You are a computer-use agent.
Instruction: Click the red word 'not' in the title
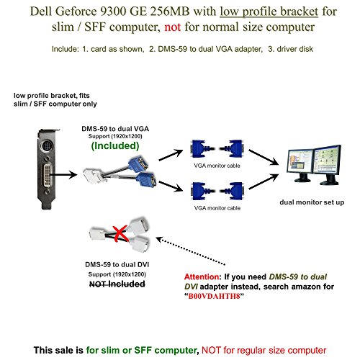click(x=172, y=27)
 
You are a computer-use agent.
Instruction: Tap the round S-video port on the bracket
click(x=47, y=146)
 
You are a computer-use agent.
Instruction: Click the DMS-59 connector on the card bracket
click(x=48, y=176)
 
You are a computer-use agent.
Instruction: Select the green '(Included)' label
click(x=115, y=145)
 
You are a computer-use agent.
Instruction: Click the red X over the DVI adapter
click(x=120, y=233)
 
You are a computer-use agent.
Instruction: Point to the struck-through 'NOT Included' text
click(x=117, y=284)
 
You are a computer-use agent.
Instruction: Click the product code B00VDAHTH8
click(x=214, y=296)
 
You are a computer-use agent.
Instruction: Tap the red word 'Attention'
click(x=202, y=276)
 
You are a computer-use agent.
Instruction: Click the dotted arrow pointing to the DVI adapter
click(x=191, y=251)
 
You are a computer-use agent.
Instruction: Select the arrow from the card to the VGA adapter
click(x=63, y=175)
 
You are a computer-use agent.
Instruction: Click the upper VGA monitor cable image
click(x=217, y=149)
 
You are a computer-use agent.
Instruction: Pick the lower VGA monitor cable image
click(x=217, y=191)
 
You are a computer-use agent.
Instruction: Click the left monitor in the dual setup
click(x=300, y=164)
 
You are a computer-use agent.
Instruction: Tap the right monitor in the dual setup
click(x=328, y=164)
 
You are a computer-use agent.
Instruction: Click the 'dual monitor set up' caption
click(x=312, y=202)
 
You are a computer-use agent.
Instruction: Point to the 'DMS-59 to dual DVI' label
click(x=117, y=264)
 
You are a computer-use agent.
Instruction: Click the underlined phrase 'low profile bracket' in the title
click(x=269, y=12)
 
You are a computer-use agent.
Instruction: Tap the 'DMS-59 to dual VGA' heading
click(x=115, y=129)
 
